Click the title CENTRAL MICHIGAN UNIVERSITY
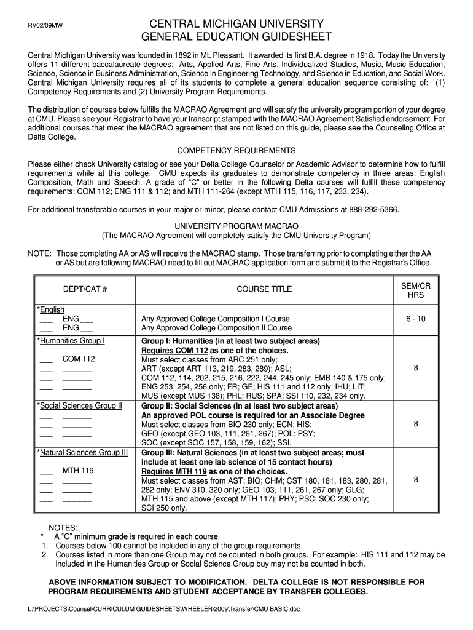click(237, 23)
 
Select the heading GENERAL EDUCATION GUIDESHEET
click(237, 36)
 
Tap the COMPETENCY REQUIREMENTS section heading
click(237, 151)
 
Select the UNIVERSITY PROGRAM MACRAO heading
click(237, 225)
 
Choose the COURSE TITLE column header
click(264, 289)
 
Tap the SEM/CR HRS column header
click(415, 290)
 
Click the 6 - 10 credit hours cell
click(415, 319)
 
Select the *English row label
click(51, 309)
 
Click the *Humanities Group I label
click(71, 340)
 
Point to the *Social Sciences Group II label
click(80, 406)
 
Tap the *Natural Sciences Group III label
click(82, 453)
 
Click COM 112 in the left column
click(79, 359)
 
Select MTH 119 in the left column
click(78, 471)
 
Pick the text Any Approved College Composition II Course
click(216, 328)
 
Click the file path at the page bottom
click(155, 609)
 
